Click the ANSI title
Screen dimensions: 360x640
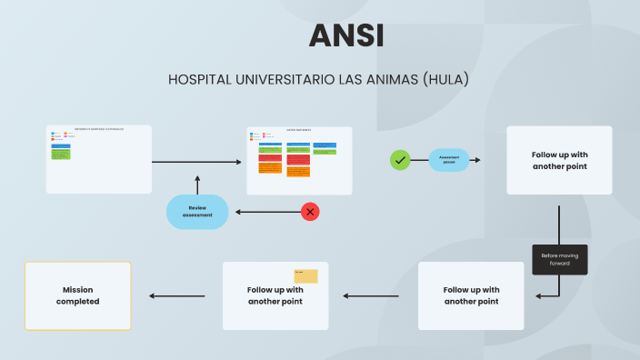(345, 35)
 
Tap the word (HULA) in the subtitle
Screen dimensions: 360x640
(446, 80)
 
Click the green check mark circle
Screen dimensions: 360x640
(400, 160)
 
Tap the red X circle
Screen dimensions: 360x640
(310, 212)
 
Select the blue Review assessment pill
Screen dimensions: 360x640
(196, 212)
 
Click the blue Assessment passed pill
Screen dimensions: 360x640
(449, 160)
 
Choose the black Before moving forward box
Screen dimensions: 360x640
(559, 259)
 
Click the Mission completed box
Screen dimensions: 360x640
(77, 295)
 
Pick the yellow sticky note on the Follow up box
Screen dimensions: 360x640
(305, 276)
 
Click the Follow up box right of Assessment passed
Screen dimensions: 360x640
(559, 160)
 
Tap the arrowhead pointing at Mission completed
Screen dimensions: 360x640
(153, 295)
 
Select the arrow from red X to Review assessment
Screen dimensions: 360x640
(268, 212)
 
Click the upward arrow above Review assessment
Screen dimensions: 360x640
(196, 183)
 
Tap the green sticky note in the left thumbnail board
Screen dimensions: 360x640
(61, 153)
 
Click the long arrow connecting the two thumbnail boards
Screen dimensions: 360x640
(198, 162)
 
